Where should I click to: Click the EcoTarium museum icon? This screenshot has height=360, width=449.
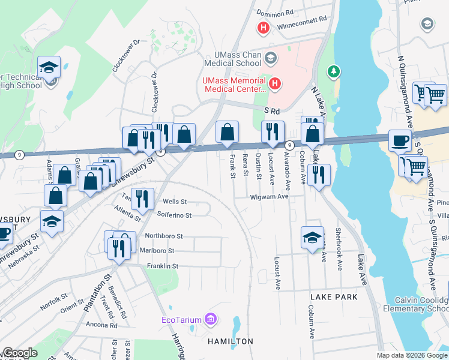click(209, 318)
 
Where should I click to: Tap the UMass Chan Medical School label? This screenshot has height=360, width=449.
click(232, 59)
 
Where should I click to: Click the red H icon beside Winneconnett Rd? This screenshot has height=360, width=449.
click(262, 28)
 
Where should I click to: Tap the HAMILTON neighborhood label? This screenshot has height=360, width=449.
click(230, 341)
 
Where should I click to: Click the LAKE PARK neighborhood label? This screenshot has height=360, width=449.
click(334, 297)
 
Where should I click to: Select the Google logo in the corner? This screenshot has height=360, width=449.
click(20, 353)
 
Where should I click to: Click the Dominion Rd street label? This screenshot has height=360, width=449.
click(275, 11)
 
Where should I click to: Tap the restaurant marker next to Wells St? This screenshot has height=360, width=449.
click(142, 199)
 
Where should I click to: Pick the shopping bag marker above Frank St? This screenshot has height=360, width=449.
click(227, 133)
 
